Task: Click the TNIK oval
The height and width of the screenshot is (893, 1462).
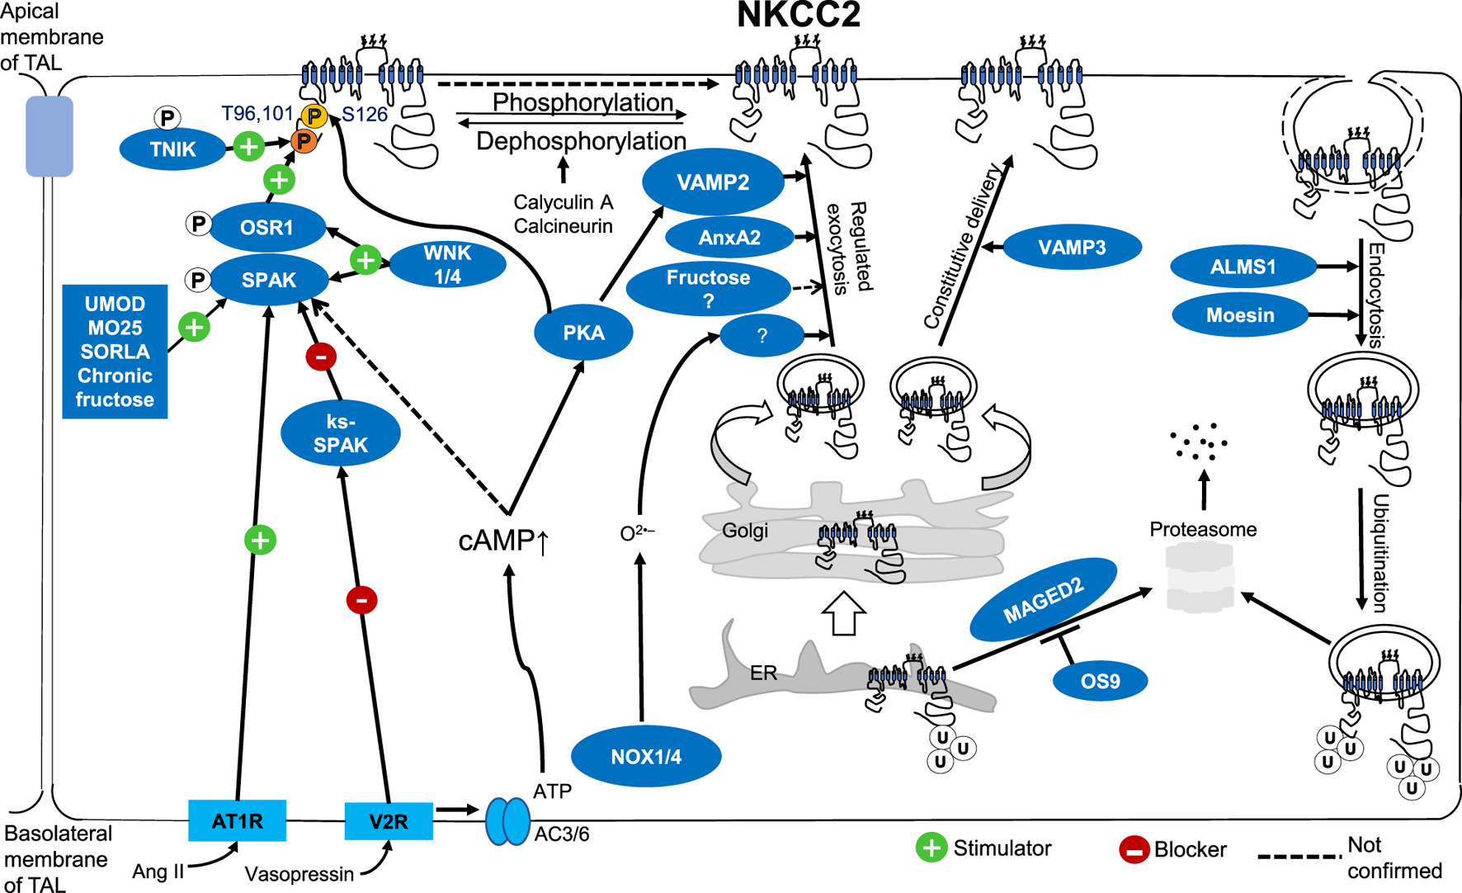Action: (172, 149)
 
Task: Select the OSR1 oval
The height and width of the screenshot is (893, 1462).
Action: (266, 227)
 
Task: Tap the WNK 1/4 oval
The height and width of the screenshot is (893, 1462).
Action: (447, 265)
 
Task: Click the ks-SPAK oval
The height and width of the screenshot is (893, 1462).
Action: (341, 433)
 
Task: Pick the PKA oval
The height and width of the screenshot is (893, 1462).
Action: (583, 333)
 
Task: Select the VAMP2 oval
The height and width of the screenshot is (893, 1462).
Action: (713, 182)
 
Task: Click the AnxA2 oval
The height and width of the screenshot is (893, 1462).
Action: (729, 238)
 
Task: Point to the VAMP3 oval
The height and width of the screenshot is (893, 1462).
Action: (1072, 247)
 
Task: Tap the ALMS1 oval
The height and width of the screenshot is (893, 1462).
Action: (1243, 267)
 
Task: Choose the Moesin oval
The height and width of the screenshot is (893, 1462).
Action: (1239, 315)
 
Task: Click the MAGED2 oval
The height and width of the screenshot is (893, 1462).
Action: (1043, 600)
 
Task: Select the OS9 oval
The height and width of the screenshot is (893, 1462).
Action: (1100, 681)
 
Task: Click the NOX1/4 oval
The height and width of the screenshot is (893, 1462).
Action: (646, 756)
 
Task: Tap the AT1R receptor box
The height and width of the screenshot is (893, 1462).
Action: (237, 820)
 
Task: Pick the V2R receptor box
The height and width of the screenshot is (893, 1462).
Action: (388, 821)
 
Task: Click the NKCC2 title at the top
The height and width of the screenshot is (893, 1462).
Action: (798, 16)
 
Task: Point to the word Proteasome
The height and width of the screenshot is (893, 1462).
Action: (1203, 529)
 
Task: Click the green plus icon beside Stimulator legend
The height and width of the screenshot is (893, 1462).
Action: (931, 848)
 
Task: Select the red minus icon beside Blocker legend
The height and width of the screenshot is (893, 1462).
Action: (1134, 849)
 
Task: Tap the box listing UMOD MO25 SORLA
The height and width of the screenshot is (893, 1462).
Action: (115, 352)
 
